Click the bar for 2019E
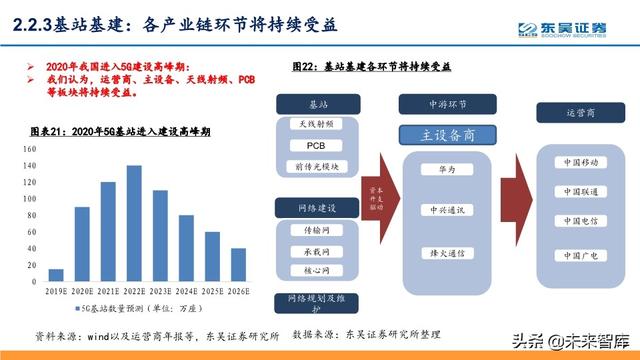56,274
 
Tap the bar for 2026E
238,264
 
